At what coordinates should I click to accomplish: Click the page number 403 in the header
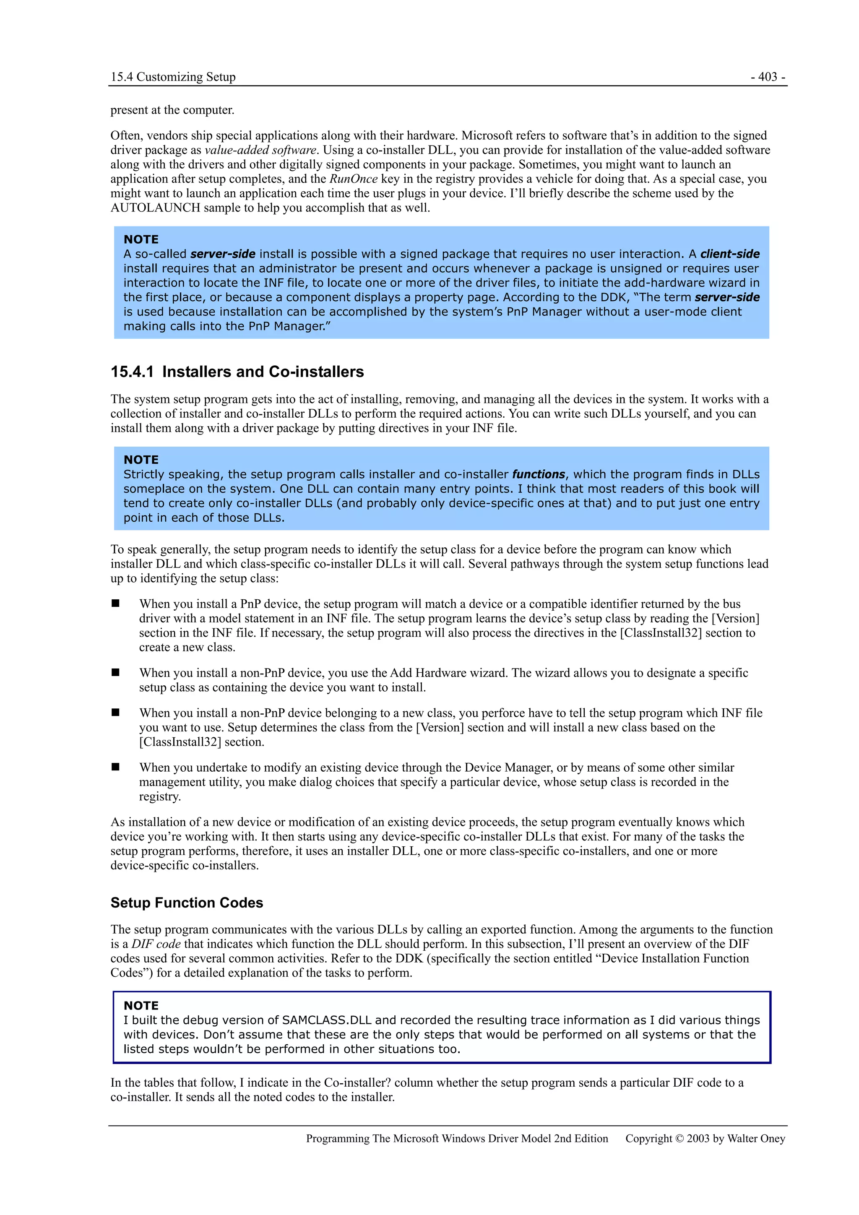coord(768,77)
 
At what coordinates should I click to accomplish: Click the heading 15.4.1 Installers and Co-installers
coord(237,372)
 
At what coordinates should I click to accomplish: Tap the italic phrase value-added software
coord(260,150)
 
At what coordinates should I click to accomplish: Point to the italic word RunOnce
coord(353,179)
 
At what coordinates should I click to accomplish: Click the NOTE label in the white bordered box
coord(141,1005)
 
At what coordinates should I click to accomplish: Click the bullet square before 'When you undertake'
coord(115,767)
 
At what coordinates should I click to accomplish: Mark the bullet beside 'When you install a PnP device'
coord(115,603)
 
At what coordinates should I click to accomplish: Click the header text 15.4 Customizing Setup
coord(173,77)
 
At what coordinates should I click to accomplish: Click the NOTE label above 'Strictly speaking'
coord(141,459)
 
